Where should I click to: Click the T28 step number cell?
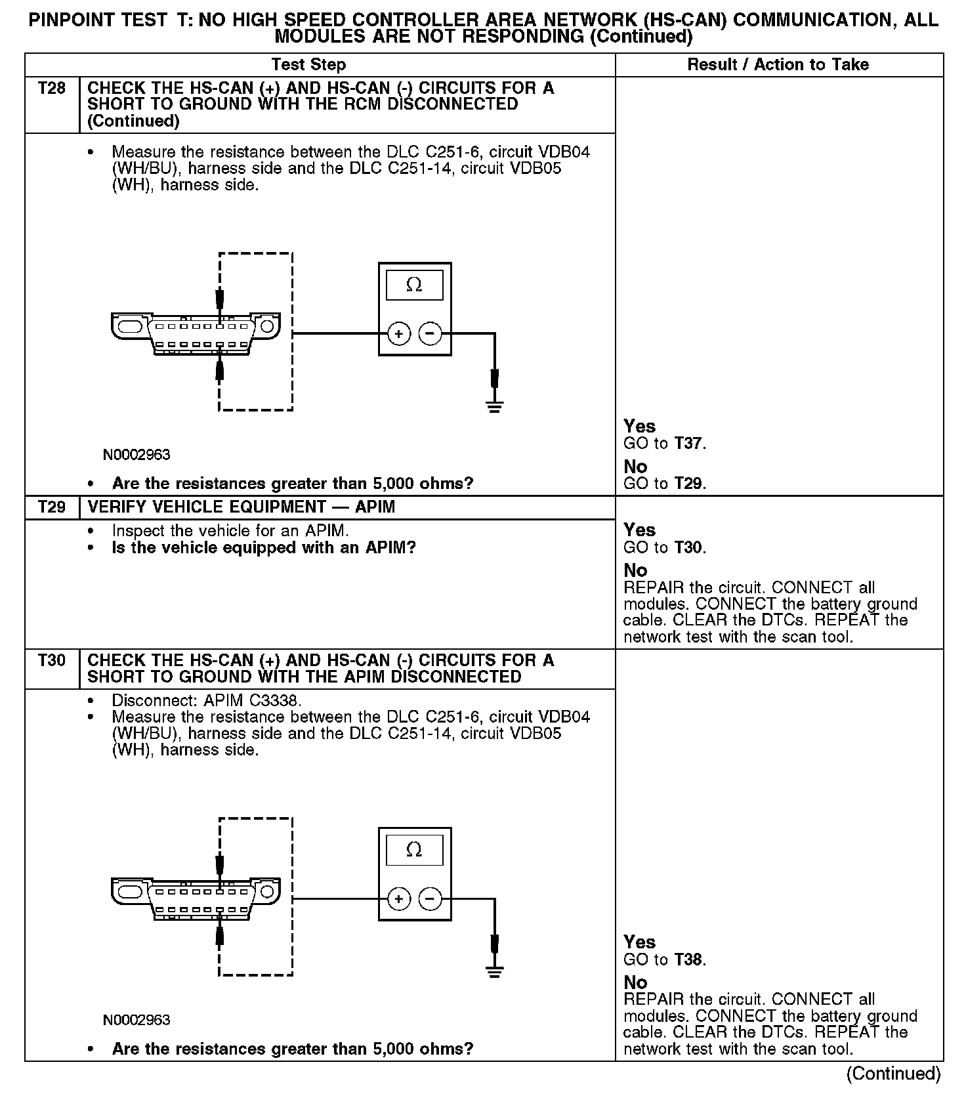click(52, 88)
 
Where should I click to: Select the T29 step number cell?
click(52, 507)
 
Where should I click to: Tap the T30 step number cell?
click(52, 660)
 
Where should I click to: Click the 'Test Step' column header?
click(308, 64)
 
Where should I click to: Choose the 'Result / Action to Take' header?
click(778, 64)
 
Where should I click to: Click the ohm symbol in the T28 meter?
click(414, 285)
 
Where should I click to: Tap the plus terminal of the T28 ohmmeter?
click(399, 333)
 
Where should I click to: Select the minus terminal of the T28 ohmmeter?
click(430, 333)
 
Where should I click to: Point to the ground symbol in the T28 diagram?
click(495, 406)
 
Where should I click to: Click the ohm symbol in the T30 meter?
click(414, 850)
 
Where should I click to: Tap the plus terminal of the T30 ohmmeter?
click(399, 898)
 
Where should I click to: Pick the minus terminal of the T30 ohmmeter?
click(430, 898)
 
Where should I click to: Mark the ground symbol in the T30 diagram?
click(495, 971)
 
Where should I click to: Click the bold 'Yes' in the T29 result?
click(639, 530)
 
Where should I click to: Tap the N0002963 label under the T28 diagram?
click(136, 455)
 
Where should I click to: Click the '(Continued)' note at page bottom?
click(893, 1074)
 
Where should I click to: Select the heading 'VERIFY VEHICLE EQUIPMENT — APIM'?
click(241, 507)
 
